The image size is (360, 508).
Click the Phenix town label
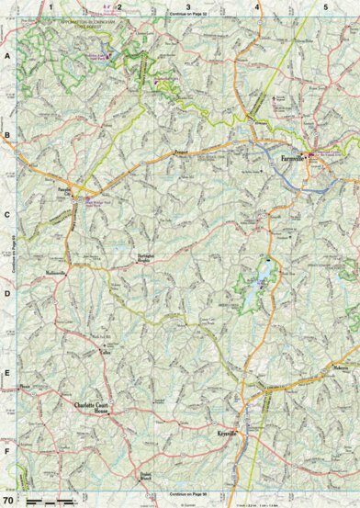26,386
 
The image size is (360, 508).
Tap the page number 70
8,500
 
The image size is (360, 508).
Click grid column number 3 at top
188,6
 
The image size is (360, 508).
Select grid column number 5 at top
326,6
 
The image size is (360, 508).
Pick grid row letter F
7,452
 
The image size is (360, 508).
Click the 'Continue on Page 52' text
188,16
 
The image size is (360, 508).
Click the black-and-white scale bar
50,501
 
